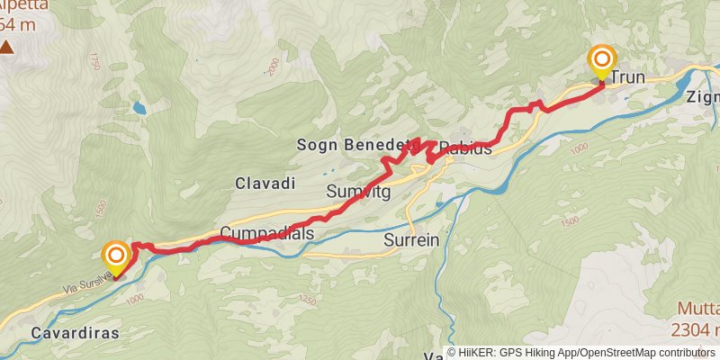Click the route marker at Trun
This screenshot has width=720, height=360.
601,62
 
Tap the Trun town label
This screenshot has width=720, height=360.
628,78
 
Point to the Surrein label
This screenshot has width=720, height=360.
412,241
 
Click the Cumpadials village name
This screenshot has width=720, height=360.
266,234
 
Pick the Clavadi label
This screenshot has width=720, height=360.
265,183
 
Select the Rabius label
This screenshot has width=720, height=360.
467,148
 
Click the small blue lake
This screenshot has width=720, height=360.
139,108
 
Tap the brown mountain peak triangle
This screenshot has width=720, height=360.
7,47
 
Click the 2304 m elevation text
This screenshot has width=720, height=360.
696,330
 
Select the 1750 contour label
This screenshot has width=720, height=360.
93,62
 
